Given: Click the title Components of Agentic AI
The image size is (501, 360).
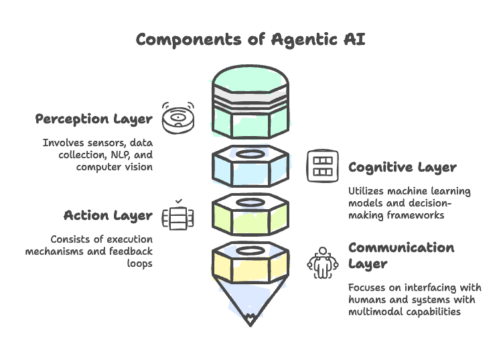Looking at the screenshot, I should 250,39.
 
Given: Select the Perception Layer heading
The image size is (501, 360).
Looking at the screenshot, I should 94,119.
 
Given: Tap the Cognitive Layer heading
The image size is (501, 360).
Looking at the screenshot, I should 402,167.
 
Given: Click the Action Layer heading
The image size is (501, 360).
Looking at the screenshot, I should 107,215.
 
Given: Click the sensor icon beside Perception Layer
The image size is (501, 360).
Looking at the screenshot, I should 177,119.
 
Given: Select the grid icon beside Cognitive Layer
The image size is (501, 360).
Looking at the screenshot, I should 323,166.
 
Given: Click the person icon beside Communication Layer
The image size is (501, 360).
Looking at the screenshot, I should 323,262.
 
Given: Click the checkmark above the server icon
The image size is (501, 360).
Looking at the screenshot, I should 178,200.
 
